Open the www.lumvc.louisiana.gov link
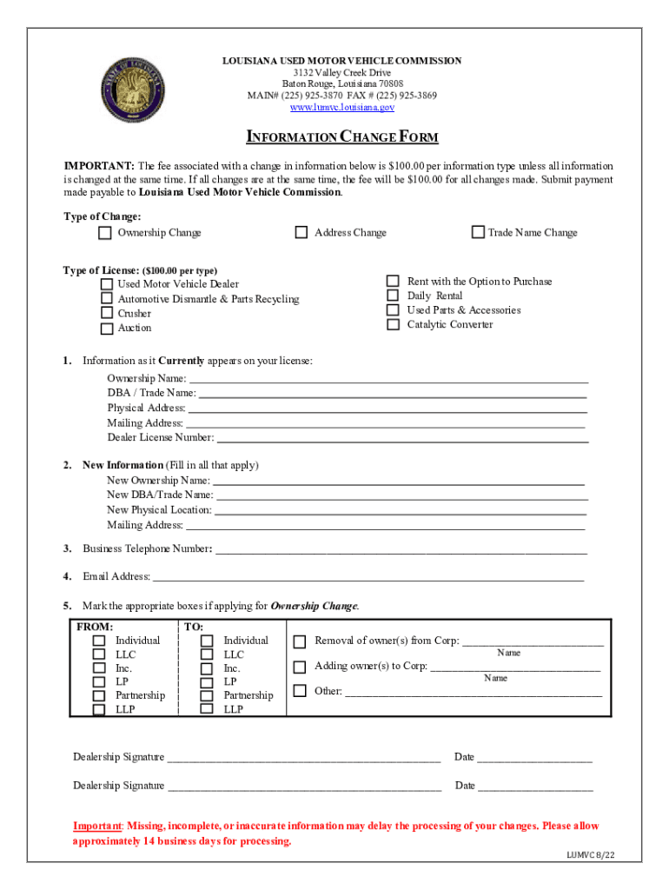pyautogui.click(x=341, y=108)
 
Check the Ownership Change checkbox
pyautogui.click(x=104, y=233)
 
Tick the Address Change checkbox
pyautogui.click(x=301, y=232)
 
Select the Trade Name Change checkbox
pyautogui.click(x=478, y=232)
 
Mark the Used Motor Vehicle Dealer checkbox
pyautogui.click(x=106, y=284)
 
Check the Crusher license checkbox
pyautogui.click(x=106, y=313)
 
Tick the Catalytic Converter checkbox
pyautogui.click(x=393, y=324)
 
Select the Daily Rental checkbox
pyautogui.click(x=393, y=296)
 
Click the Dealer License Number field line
pyautogui.click(x=401, y=438)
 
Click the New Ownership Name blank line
pyautogui.click(x=399, y=481)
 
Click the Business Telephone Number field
pyautogui.click(x=401, y=549)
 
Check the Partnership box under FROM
pyautogui.click(x=99, y=695)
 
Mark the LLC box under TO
pyautogui.click(x=207, y=654)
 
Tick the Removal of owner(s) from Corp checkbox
pyautogui.click(x=300, y=642)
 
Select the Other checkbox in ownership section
pyautogui.click(x=300, y=692)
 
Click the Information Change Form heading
pyautogui.click(x=342, y=137)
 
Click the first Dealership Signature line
pyautogui.click(x=303, y=758)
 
